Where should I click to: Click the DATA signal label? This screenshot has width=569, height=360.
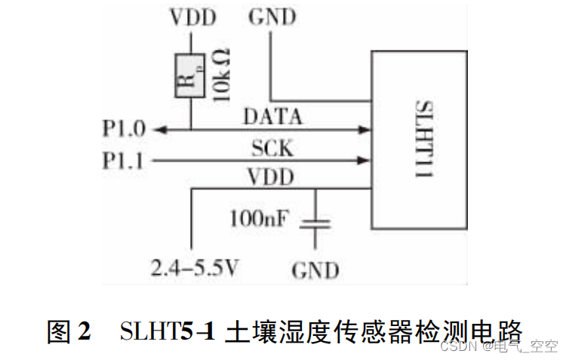pyautogui.click(x=272, y=117)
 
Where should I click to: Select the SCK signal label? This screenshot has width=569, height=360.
pyautogui.click(x=272, y=149)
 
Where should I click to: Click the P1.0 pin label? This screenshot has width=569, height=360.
pyautogui.click(x=124, y=129)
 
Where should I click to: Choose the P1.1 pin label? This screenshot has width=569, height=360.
pyautogui.click(x=124, y=160)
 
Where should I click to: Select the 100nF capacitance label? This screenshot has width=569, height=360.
pyautogui.click(x=258, y=219)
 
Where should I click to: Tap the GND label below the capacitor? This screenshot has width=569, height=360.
pyautogui.click(x=315, y=269)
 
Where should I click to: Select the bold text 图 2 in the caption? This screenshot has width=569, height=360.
pyautogui.click(x=69, y=331)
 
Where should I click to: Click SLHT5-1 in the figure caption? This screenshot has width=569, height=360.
pyautogui.click(x=168, y=331)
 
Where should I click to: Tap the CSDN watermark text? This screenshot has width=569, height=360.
pyautogui.click(x=454, y=346)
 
